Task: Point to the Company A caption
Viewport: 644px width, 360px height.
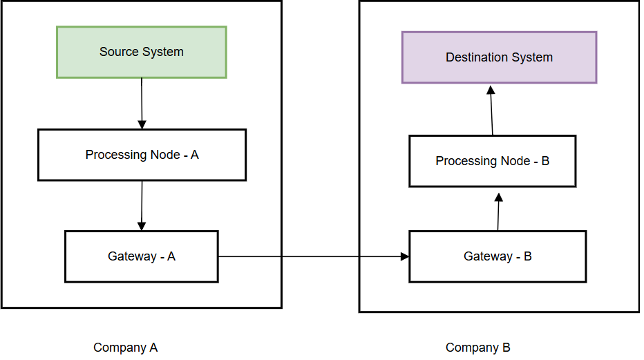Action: [x=126, y=348]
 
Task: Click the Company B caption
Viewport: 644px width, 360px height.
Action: [x=478, y=348]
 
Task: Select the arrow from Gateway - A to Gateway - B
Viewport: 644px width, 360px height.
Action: [x=311, y=257]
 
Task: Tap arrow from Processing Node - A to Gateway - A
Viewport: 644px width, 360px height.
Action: [x=142, y=205]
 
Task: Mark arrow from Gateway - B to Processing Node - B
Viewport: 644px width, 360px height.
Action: [x=498, y=213]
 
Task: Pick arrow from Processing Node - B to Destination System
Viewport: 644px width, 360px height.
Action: [x=492, y=111]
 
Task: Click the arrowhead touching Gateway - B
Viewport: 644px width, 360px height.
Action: [x=404, y=257]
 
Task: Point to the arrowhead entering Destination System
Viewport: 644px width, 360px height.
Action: [x=491, y=90]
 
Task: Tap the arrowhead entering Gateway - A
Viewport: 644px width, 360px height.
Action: [x=142, y=226]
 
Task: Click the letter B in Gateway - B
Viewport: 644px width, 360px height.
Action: [x=528, y=256]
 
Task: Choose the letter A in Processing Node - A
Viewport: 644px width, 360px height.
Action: [x=194, y=155]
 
